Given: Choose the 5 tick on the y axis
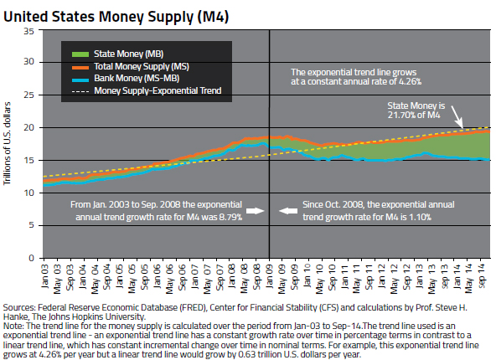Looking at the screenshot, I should (x=30, y=225).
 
